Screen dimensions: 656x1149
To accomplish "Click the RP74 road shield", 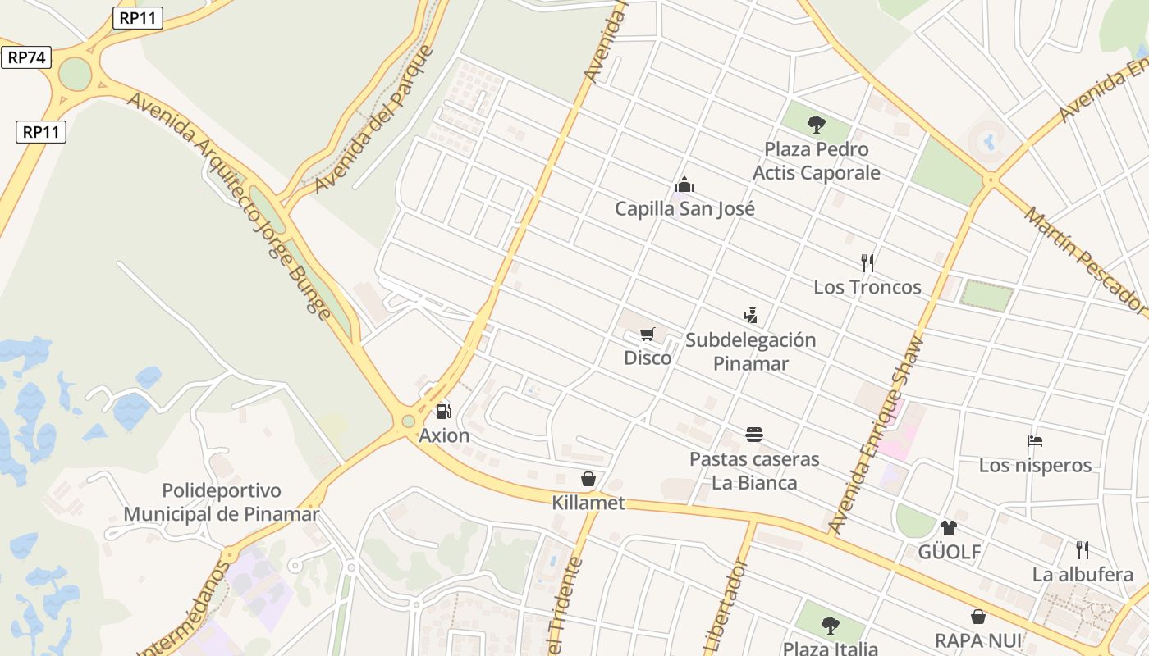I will [x=26, y=57].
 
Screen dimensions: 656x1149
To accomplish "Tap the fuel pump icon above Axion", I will [x=443, y=412].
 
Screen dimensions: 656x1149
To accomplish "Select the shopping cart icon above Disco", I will [x=648, y=334].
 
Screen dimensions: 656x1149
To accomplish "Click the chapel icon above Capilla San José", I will [x=684, y=184].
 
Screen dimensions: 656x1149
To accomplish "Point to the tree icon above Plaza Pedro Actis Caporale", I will [x=816, y=125].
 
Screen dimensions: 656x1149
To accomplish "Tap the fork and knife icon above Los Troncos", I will [x=867, y=263].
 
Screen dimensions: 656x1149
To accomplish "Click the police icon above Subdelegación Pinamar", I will [x=750, y=315].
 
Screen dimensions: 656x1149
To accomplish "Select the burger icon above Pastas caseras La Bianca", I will [x=754, y=435].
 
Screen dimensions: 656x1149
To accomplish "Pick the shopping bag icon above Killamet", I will [x=588, y=479].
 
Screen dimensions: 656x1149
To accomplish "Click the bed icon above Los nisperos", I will [x=1035, y=441].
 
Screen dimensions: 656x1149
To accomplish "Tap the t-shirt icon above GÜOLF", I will [x=949, y=527].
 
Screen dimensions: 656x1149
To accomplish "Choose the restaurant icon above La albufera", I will [x=1083, y=549].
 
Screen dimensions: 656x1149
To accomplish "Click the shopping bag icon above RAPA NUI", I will [x=978, y=617].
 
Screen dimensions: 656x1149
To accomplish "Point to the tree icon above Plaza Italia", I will [x=831, y=626].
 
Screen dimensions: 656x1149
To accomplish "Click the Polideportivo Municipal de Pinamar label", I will [x=221, y=503].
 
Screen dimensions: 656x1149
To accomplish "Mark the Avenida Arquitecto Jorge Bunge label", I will [x=230, y=205].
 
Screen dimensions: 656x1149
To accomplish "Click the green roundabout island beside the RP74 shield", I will [x=75, y=75].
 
